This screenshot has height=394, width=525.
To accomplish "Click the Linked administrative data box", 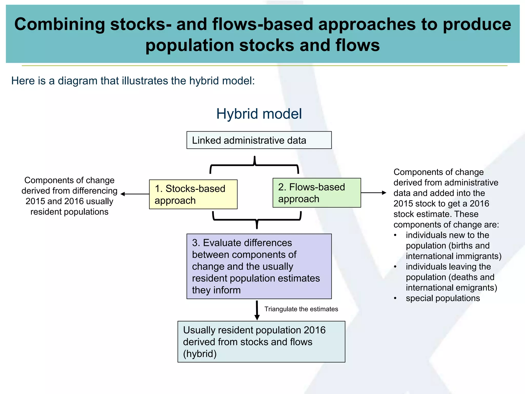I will point(259,140).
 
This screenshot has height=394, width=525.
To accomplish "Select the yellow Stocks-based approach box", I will point(193,194).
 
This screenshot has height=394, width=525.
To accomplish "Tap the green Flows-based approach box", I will point(317,193).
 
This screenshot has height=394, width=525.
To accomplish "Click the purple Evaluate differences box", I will point(259,266).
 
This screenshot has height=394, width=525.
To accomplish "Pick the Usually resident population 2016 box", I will point(261,341).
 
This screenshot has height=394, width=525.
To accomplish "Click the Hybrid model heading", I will point(259,114).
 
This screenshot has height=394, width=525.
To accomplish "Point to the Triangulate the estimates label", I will point(301,309).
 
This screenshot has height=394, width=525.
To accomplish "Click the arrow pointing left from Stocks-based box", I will point(135,194).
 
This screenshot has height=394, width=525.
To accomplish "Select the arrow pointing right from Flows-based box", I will point(373,193).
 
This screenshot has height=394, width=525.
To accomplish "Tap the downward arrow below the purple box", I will point(257,310).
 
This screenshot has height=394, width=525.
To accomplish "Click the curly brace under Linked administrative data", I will point(254,165).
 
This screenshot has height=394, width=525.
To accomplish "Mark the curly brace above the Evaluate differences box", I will point(257,220).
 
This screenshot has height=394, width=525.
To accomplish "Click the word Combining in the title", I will point(59,24).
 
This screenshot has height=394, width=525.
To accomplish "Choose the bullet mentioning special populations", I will point(443,298).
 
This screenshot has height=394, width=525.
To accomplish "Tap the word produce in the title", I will point(477,24).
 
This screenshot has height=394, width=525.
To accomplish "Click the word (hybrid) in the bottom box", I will point(200,354).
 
